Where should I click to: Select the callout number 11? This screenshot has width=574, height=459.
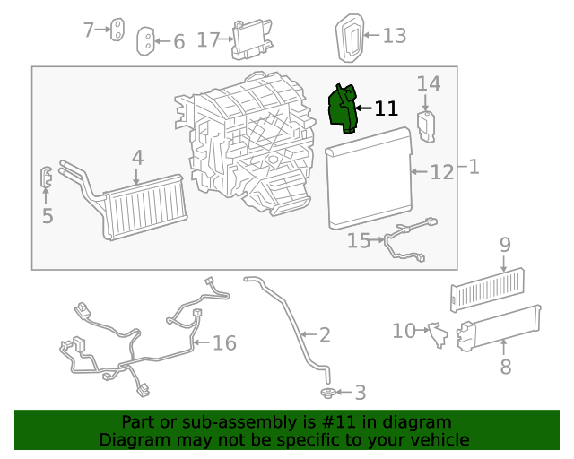tap(386, 108)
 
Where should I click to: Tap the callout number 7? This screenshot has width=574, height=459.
tap(89, 30)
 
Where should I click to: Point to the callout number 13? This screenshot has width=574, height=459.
tap(395, 36)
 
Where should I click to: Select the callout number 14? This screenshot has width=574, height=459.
tap(429, 83)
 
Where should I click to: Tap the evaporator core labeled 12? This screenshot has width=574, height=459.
tap(368, 178)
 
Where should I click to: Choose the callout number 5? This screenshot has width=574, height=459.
tap(48, 216)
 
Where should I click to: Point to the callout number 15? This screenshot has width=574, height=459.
tap(359, 240)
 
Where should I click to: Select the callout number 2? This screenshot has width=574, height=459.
tap(324, 335)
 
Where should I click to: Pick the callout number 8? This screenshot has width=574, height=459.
tap(505, 366)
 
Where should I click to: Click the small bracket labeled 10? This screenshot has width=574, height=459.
tap(436, 333)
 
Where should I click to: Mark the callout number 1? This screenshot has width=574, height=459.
tap(473, 167)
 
